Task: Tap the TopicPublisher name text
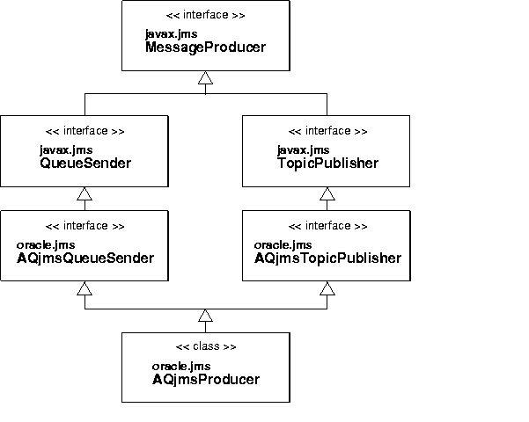tap(327, 163)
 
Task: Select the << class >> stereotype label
tap(206, 346)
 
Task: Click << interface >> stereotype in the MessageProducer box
tap(205, 16)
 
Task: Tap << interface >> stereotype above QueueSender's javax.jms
tap(84, 131)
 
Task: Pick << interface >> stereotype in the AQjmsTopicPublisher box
tap(327, 226)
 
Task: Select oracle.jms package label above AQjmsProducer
tap(180, 367)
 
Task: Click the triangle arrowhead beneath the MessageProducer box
tap(205, 79)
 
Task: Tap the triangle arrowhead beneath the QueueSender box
tap(84, 193)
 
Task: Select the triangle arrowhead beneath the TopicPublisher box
tap(327, 193)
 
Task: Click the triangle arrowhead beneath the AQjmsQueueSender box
tap(84, 288)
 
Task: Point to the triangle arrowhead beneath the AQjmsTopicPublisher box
tap(327, 288)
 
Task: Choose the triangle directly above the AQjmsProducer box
tap(205, 316)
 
